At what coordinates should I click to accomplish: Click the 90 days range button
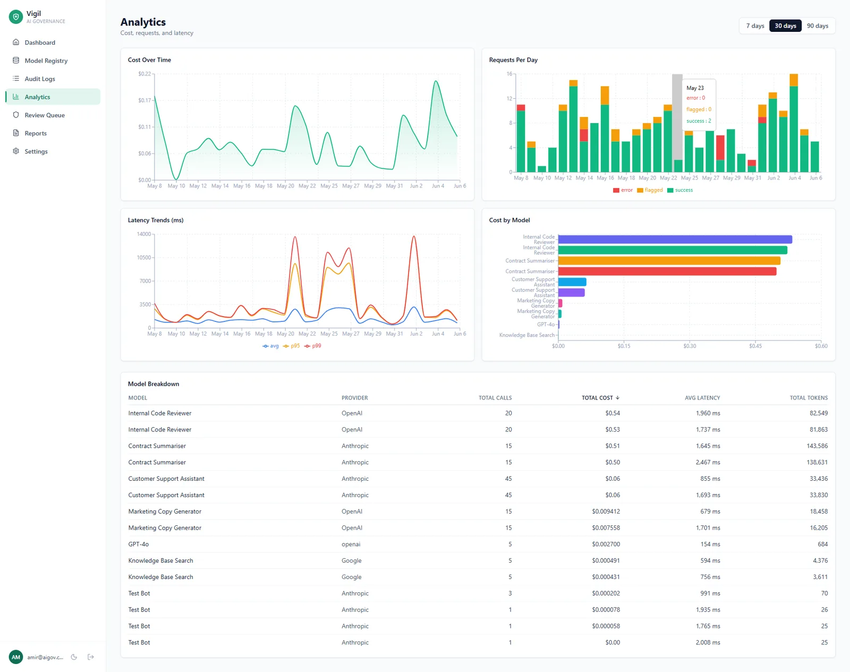[x=817, y=25]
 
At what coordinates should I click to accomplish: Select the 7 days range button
[x=755, y=25]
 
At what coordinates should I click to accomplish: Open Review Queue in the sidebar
[x=45, y=115]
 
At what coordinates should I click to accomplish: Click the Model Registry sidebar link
[x=46, y=61]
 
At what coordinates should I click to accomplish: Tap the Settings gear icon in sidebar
[x=16, y=151]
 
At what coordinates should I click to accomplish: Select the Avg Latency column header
[x=702, y=398]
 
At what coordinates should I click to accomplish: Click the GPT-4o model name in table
[x=138, y=544]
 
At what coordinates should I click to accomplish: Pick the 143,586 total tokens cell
[x=817, y=446]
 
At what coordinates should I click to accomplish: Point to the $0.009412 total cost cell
[x=606, y=511]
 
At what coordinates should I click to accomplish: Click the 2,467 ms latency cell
[x=708, y=462]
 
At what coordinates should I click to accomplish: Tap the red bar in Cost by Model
[x=667, y=271]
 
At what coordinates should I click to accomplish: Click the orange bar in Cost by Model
[x=669, y=260]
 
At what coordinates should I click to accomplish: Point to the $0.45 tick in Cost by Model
[x=755, y=346]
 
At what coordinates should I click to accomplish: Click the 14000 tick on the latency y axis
[x=144, y=234]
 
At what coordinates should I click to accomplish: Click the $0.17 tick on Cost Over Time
[x=144, y=100]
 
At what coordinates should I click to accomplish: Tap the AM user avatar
[x=16, y=657]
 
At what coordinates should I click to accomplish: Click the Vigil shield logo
[x=16, y=16]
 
